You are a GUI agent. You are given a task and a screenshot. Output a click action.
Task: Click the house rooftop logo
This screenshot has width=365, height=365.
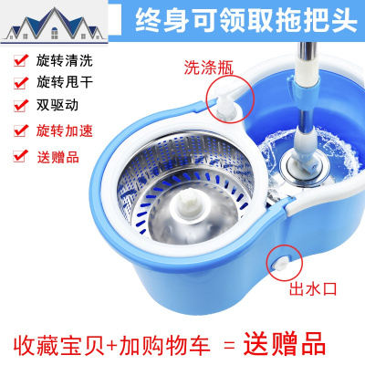[54, 25]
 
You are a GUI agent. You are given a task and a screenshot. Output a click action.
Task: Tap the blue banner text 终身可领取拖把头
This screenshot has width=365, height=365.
[245, 20]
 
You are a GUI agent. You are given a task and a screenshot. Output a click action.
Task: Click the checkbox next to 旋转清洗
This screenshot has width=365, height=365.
[21, 60]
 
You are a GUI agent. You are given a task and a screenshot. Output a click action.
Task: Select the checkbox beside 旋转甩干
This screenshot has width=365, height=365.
[21, 82]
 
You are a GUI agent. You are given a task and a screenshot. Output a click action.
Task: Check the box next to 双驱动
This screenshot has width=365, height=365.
[21, 105]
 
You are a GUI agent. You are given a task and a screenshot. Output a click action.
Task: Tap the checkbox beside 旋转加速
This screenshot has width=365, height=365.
[21, 130]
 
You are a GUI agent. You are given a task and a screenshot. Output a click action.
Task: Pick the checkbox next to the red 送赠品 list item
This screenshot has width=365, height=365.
[21, 156]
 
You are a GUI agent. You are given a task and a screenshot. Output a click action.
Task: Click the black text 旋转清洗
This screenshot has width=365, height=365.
[64, 60]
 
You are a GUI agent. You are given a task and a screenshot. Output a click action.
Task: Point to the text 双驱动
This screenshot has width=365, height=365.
[57, 105]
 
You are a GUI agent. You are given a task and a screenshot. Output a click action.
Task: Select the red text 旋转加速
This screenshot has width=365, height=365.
[64, 130]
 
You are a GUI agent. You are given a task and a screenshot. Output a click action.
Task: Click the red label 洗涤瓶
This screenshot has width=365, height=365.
[209, 68]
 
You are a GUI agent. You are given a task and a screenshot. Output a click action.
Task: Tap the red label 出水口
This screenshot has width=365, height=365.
[313, 288]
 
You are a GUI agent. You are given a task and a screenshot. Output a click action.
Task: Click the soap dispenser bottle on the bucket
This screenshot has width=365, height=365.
[225, 105]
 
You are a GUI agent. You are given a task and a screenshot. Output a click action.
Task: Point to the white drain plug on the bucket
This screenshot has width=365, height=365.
[279, 263]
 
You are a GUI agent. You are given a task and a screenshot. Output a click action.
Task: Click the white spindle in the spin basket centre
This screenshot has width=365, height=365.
[189, 203]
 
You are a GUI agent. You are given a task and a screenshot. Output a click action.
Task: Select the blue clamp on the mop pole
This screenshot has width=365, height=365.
[304, 93]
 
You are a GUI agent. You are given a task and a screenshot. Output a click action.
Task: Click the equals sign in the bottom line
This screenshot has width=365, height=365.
[229, 346]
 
